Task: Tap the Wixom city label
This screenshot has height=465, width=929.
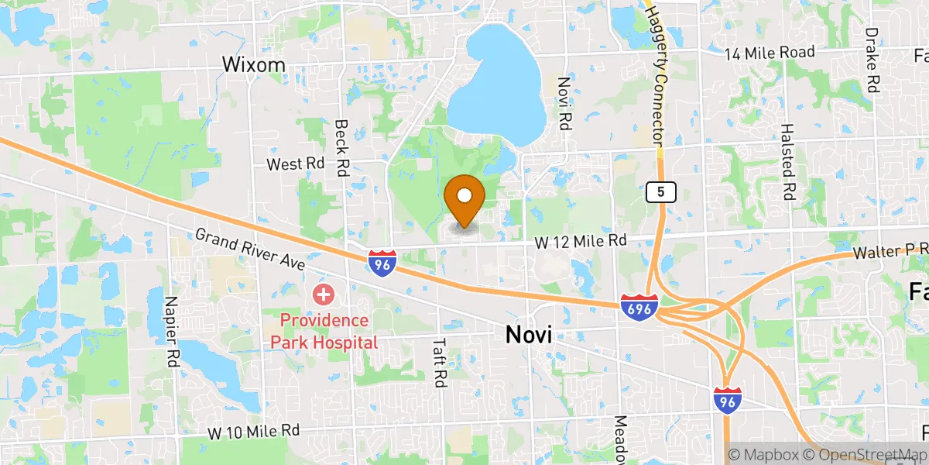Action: click(x=253, y=64)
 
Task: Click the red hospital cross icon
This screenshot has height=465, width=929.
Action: click(x=323, y=294)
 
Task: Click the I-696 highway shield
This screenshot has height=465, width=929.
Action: click(x=639, y=307)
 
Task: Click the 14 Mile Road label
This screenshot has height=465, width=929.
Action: click(x=770, y=53)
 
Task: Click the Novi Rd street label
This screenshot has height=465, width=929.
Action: click(x=564, y=103)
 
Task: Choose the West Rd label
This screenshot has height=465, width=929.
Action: click(x=295, y=164)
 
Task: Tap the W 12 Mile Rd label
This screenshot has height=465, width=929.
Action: click(x=580, y=242)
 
